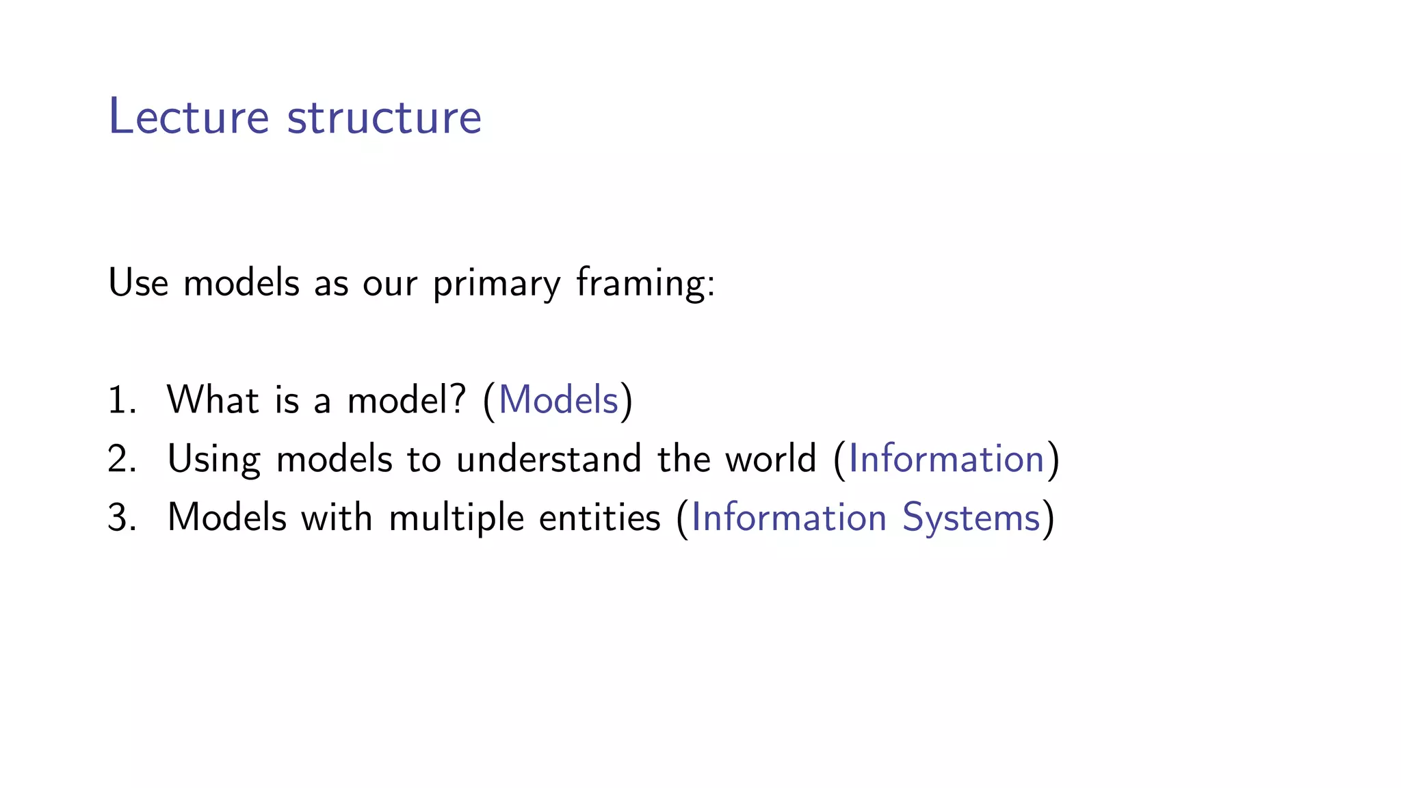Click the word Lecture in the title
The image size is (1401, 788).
click(189, 117)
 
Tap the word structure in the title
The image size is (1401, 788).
click(384, 117)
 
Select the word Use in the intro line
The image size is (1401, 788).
click(138, 283)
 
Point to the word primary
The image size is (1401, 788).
click(497, 284)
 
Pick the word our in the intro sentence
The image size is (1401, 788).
click(390, 284)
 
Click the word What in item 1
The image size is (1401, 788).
click(213, 399)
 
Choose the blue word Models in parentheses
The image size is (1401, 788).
click(558, 399)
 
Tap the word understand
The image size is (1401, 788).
click(549, 458)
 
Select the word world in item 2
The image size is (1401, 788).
click(771, 458)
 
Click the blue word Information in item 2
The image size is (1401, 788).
click(946, 458)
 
